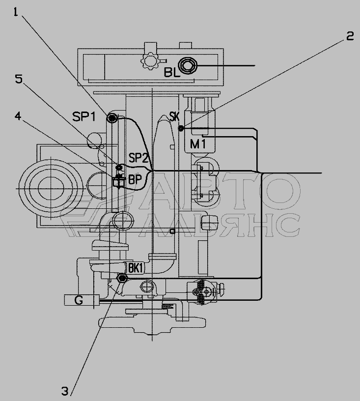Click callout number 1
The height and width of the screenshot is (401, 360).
(x=16, y=12)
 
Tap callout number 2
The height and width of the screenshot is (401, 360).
(x=350, y=36)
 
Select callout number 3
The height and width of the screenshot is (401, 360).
(x=65, y=391)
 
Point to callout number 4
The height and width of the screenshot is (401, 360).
(x=18, y=116)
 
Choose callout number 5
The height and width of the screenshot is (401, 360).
(x=19, y=79)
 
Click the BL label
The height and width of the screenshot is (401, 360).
(x=172, y=73)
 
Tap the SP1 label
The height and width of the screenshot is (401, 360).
(x=84, y=117)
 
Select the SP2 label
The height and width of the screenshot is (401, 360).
(x=138, y=158)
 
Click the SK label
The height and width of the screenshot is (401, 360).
(x=174, y=116)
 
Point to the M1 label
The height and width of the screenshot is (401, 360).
(x=198, y=144)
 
